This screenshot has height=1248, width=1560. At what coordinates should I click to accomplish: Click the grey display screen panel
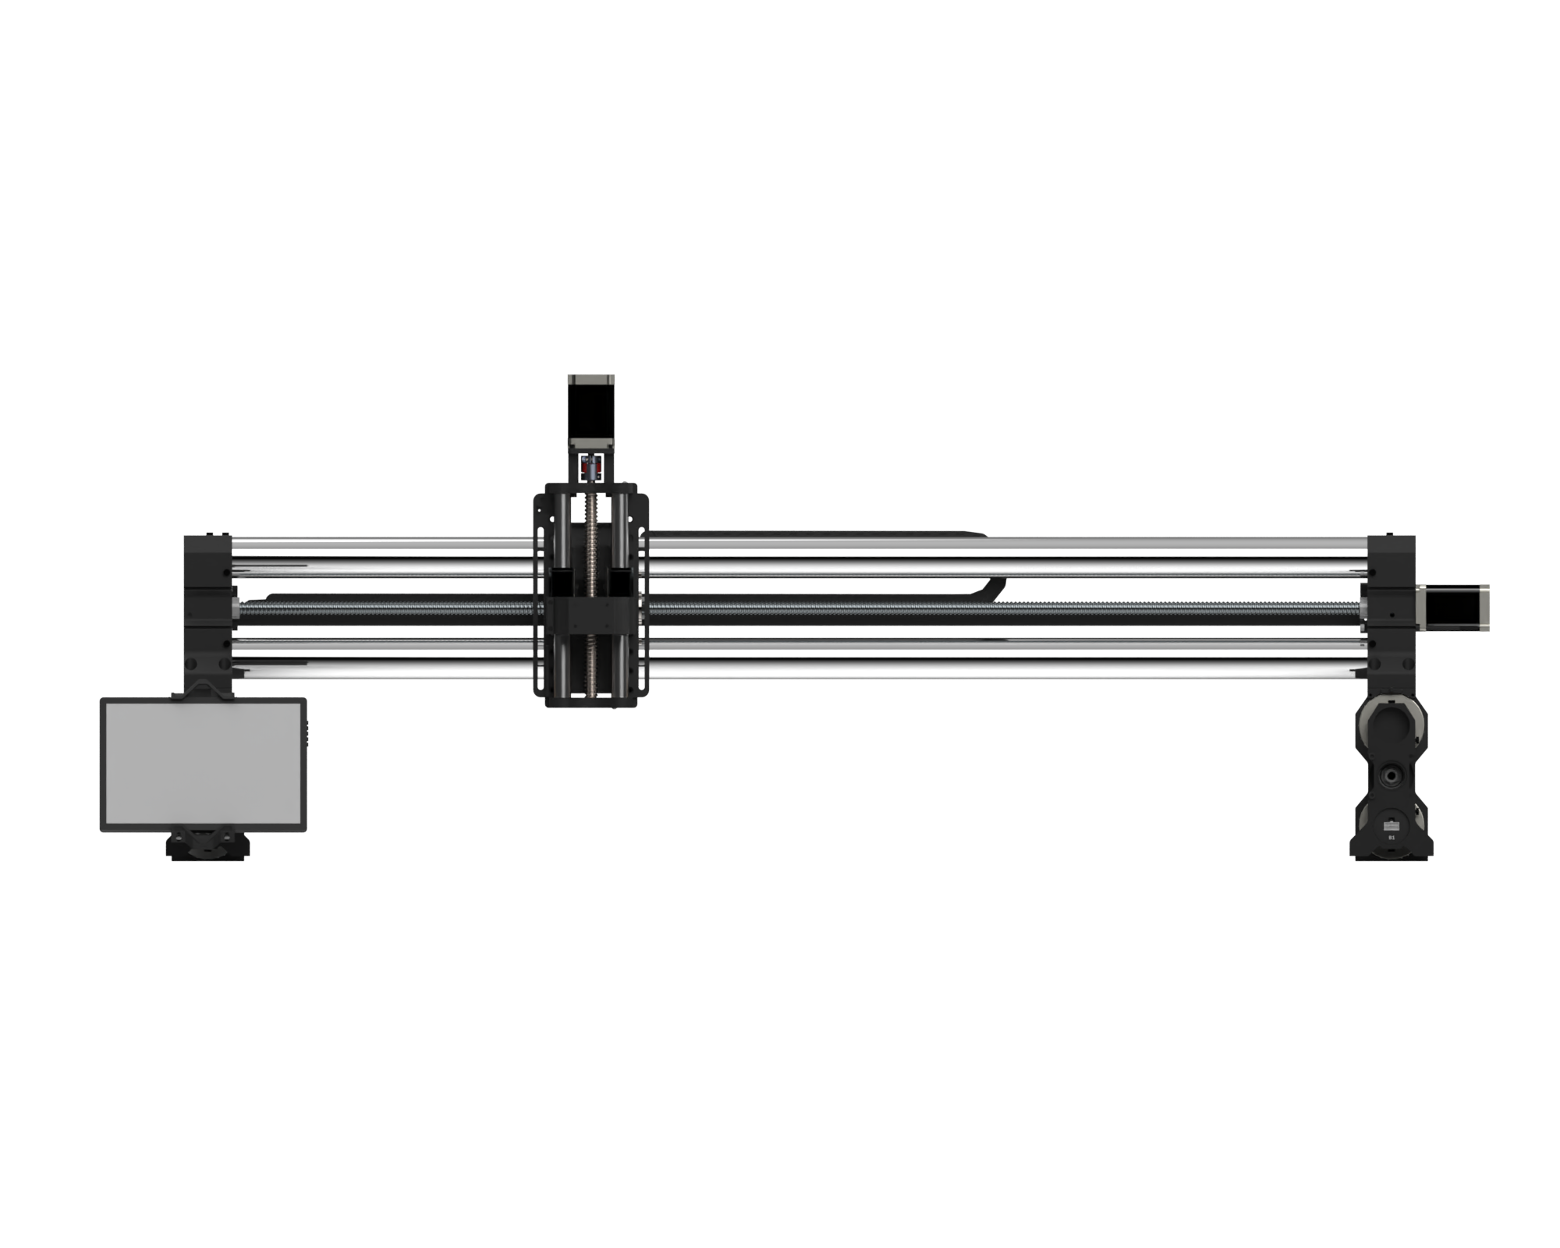(x=203, y=764)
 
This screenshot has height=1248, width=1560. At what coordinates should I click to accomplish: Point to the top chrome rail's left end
(x=242, y=541)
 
